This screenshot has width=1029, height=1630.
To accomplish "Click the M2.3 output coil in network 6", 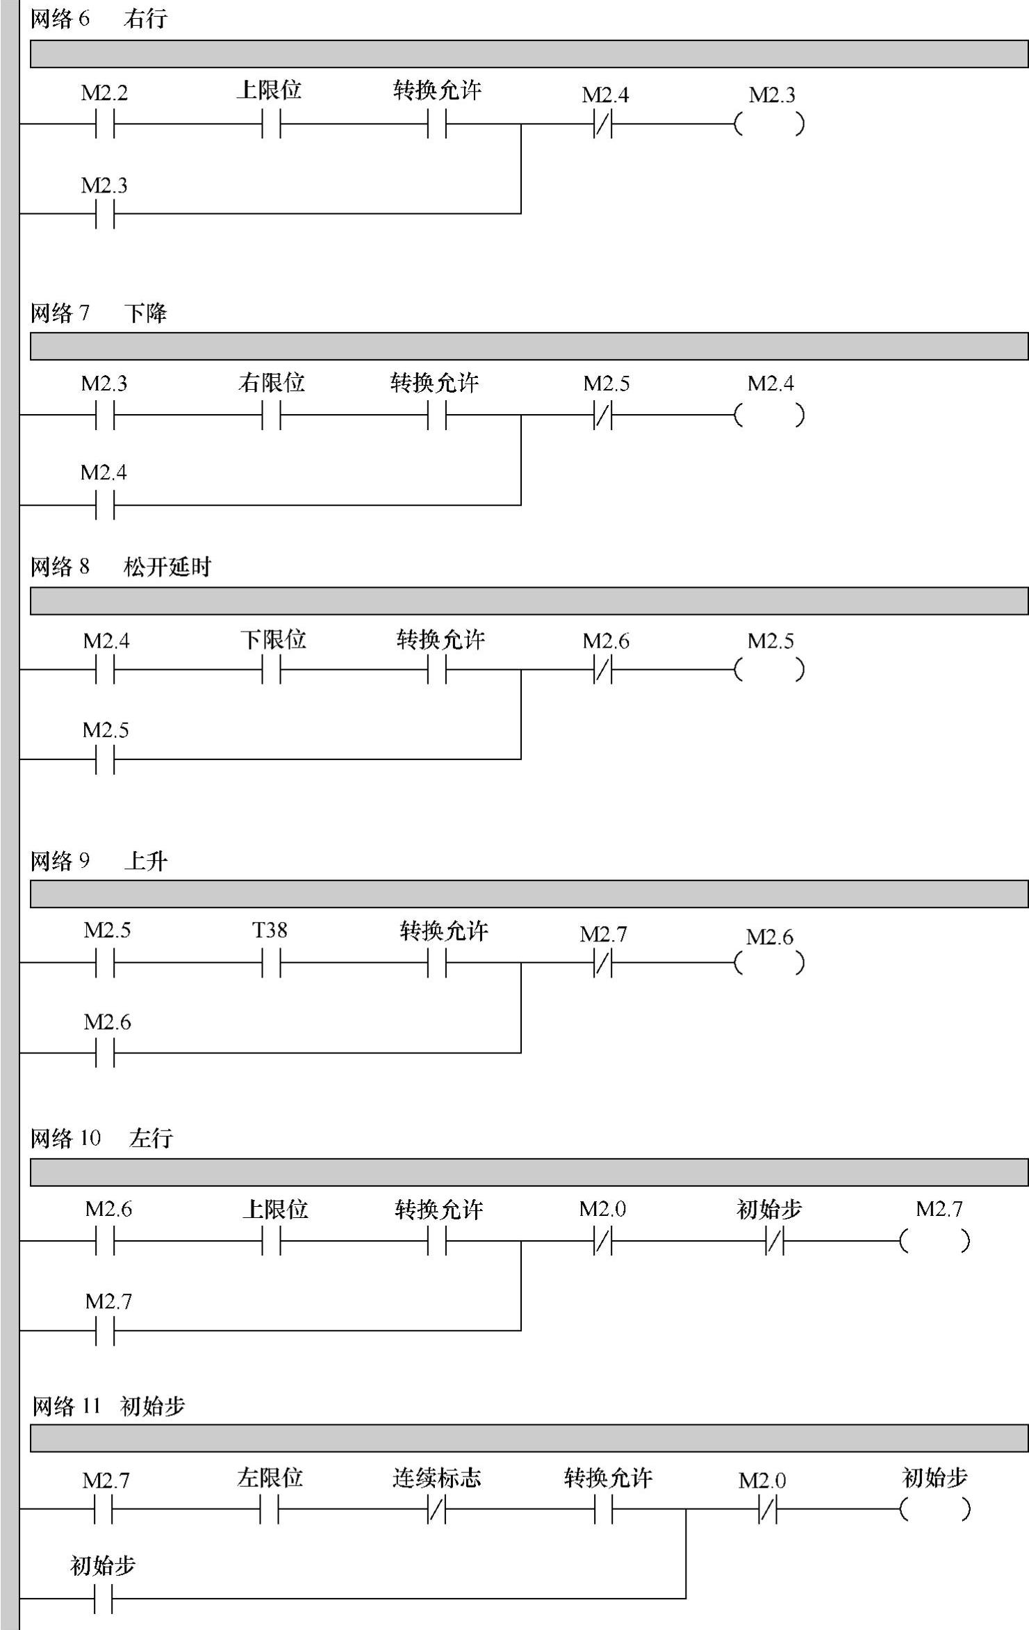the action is [769, 124].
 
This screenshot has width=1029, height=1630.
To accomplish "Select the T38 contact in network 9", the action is [272, 963].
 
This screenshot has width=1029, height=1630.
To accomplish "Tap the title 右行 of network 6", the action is [145, 19].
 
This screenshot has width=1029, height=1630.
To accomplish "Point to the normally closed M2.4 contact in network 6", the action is [603, 124].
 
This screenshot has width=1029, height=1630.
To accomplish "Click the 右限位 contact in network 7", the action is [272, 415].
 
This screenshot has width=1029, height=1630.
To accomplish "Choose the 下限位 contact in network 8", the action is [272, 670].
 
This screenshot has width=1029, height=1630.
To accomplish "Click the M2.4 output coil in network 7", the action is [769, 415].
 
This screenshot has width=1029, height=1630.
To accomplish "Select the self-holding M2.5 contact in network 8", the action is [105, 759].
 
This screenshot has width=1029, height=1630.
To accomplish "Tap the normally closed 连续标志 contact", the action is [437, 1509].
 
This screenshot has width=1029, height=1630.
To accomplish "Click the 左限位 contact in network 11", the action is [270, 1509].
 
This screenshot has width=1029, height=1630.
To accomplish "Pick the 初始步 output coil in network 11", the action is [935, 1509].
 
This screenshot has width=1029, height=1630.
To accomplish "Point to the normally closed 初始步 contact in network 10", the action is [774, 1241].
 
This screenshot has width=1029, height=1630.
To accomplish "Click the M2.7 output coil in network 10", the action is [935, 1241].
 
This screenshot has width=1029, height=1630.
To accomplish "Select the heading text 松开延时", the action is [167, 567].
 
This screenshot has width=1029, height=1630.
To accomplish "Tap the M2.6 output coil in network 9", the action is [769, 963].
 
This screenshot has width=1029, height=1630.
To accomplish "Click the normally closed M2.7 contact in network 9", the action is [603, 963].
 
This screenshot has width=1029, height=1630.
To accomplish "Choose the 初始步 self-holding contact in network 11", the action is [103, 1599].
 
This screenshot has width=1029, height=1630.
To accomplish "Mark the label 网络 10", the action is [66, 1138].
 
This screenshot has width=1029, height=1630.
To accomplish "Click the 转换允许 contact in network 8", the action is [437, 670].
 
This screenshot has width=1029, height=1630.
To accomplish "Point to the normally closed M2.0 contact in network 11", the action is [767, 1509].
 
